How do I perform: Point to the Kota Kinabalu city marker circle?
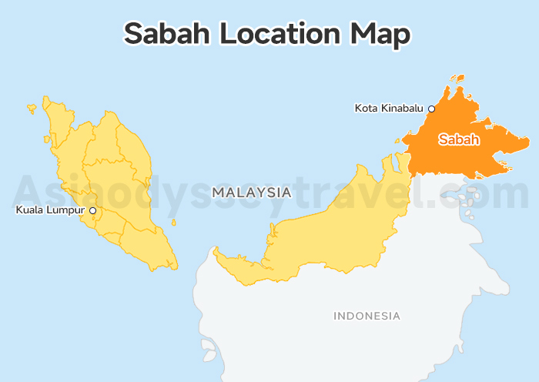[x=431, y=109]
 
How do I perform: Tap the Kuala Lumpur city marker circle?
[x=92, y=209]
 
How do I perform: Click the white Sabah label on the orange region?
[x=459, y=139]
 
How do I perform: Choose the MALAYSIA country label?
[x=252, y=193]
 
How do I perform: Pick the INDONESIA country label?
[x=367, y=316]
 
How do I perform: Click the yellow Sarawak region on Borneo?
[x=323, y=231]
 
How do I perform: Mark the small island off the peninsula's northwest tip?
[x=32, y=108]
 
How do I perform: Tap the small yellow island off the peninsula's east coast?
[x=173, y=223]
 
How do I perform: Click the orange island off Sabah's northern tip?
[x=458, y=79]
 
